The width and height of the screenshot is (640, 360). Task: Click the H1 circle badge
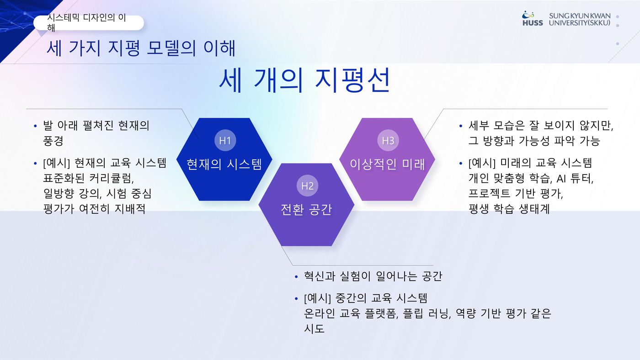click(x=225, y=140)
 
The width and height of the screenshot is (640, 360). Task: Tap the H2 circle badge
click(x=307, y=186)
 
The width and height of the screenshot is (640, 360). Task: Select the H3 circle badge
click(x=388, y=140)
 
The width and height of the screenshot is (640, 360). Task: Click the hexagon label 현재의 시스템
click(x=224, y=164)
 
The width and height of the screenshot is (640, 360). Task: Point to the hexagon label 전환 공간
click(x=307, y=210)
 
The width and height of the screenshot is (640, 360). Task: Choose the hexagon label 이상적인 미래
click(x=388, y=164)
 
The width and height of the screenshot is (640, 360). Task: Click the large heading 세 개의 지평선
click(x=304, y=80)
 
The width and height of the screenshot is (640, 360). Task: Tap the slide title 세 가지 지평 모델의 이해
click(x=141, y=48)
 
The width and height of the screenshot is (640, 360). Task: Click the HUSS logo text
click(x=533, y=23)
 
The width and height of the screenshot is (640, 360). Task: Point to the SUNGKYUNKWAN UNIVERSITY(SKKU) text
click(x=580, y=19)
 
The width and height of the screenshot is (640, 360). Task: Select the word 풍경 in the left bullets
click(x=53, y=140)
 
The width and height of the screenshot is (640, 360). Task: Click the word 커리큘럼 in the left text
click(x=111, y=179)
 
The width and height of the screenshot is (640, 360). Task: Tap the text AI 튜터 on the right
click(x=575, y=179)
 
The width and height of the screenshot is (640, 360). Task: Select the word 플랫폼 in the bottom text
click(x=381, y=314)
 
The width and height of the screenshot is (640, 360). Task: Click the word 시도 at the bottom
click(x=315, y=329)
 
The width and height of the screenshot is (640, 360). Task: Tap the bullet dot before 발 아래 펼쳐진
click(x=36, y=126)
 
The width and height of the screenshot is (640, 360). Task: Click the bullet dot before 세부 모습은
click(x=461, y=126)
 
